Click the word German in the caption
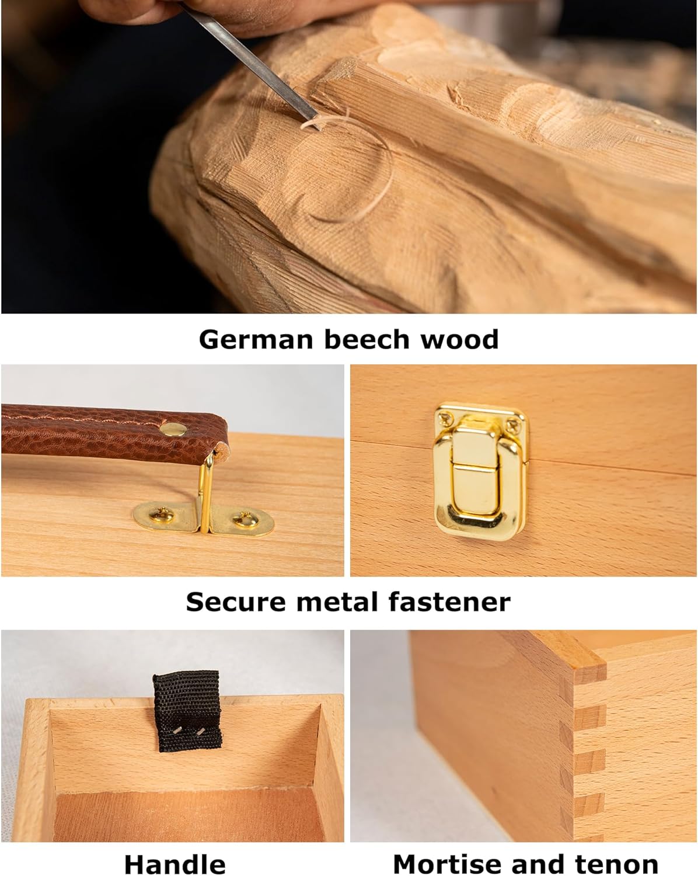tap(256, 340)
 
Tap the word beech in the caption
tap(367, 339)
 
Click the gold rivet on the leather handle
tap(173, 429)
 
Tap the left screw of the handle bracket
tap(162, 515)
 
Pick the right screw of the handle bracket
tap(245, 519)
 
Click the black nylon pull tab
tap(187, 711)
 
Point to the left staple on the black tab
tap(176, 731)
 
